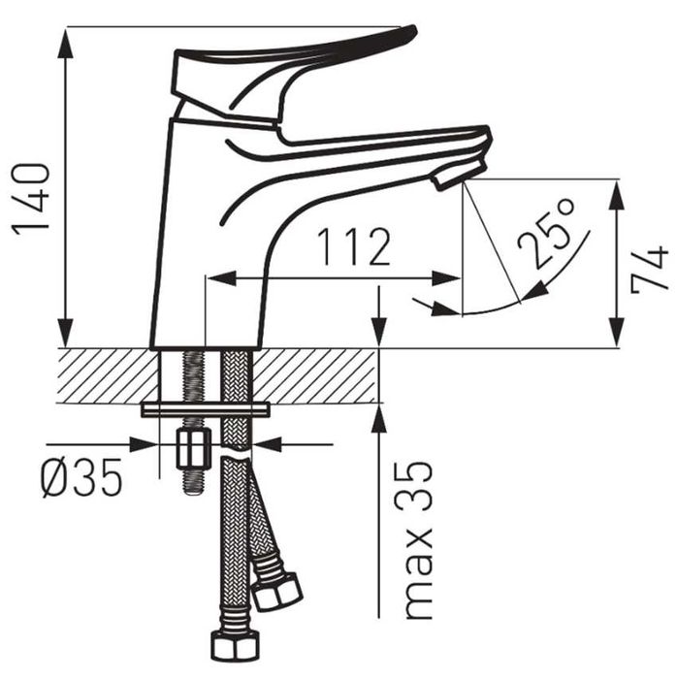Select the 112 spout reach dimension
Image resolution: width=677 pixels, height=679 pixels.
point(354,246)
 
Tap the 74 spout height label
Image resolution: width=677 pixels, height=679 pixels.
point(650,269)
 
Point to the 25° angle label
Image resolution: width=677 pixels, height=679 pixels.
point(546,233)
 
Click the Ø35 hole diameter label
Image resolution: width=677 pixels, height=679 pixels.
point(81,477)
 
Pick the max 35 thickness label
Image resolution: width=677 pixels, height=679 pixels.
point(418,539)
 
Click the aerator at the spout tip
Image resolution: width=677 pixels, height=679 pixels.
point(460,175)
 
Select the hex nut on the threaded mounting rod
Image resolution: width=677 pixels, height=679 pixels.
point(193,448)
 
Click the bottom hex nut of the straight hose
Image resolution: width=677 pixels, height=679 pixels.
point(235,646)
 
